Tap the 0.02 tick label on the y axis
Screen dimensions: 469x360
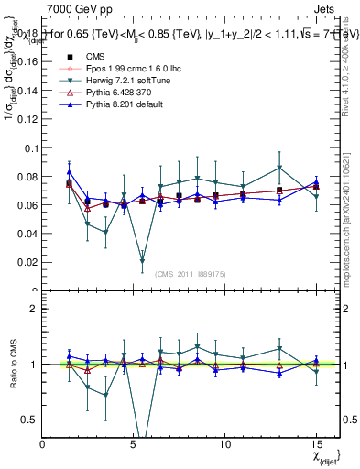pos(29,262)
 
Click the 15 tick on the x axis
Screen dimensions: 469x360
pos(316,444)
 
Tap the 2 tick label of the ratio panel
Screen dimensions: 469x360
pos(35,309)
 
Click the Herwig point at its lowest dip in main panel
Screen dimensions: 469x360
pos(142,261)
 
